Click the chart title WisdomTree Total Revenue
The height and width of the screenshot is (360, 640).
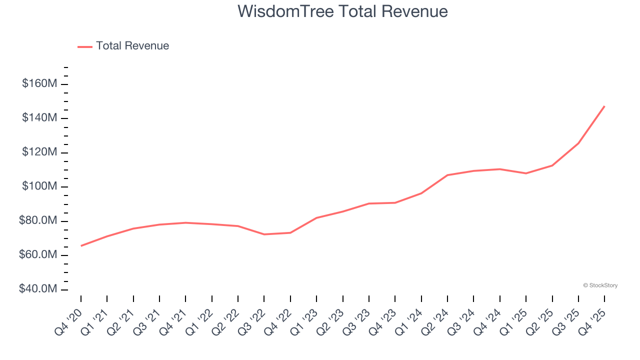(x=342, y=11)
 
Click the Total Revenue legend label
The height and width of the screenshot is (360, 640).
(x=132, y=46)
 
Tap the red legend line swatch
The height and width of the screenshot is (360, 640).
(x=85, y=47)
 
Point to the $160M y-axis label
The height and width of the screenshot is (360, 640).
(x=39, y=83)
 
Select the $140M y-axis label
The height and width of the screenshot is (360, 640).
(x=39, y=118)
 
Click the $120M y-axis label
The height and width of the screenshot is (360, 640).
(x=39, y=152)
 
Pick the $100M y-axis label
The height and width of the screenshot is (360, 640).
(x=39, y=186)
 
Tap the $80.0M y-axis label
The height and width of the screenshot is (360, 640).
(x=38, y=221)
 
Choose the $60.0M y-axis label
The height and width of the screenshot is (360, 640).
(x=38, y=255)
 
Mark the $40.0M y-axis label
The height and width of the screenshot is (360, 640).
(x=38, y=289)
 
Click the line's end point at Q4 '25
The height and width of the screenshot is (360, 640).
(x=604, y=106)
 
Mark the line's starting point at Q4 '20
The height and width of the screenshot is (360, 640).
(x=81, y=245)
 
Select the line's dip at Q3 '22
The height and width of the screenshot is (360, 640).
(x=264, y=234)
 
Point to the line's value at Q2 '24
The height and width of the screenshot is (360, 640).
(x=447, y=175)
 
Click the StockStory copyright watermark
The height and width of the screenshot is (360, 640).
(x=600, y=285)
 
